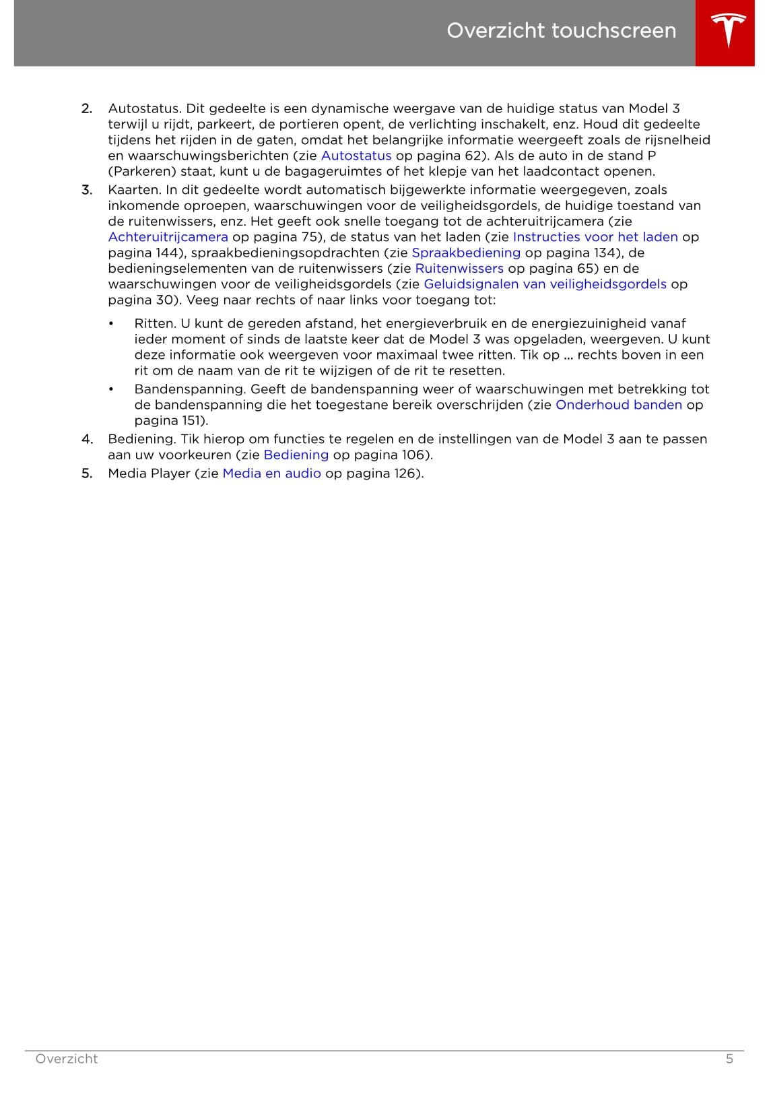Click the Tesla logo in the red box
click(x=728, y=30)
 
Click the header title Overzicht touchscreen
click(x=561, y=30)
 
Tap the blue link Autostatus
click(x=356, y=156)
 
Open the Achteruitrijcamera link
click(x=168, y=237)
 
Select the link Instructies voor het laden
click(x=595, y=237)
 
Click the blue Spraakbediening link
click(x=466, y=253)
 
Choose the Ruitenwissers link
click(x=459, y=268)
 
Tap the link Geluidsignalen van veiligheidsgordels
click(x=545, y=284)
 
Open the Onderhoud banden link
click(x=618, y=405)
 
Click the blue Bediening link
click(x=296, y=455)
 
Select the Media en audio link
click(x=271, y=473)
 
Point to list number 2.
click(x=87, y=108)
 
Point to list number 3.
click(x=87, y=190)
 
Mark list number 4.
click(x=87, y=439)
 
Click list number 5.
click(x=87, y=473)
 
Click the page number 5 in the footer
click(x=729, y=1059)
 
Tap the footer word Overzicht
click(x=67, y=1059)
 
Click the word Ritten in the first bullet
click(x=154, y=323)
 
